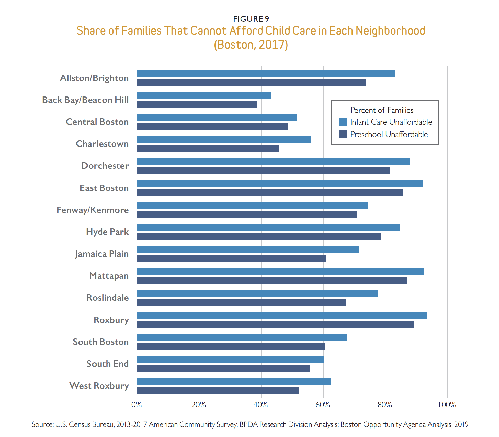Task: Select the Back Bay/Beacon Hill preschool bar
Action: click(x=197, y=104)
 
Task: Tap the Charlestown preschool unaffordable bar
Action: click(x=208, y=148)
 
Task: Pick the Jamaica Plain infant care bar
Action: click(x=248, y=250)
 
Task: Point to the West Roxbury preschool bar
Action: click(x=218, y=390)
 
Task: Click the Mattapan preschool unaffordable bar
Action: click(x=272, y=280)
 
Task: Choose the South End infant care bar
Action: click(x=230, y=360)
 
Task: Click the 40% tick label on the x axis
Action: click(x=261, y=405)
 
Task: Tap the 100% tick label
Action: click(x=447, y=405)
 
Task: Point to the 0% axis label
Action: click(x=137, y=405)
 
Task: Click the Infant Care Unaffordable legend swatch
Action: click(x=343, y=122)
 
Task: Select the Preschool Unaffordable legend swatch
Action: click(x=343, y=134)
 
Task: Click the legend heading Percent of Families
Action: click(x=382, y=110)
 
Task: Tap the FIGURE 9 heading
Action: click(x=251, y=19)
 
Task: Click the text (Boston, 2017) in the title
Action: click(x=251, y=45)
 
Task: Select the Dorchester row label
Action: click(x=105, y=166)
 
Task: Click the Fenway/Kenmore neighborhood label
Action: click(x=93, y=210)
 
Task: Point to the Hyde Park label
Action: click(x=107, y=232)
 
